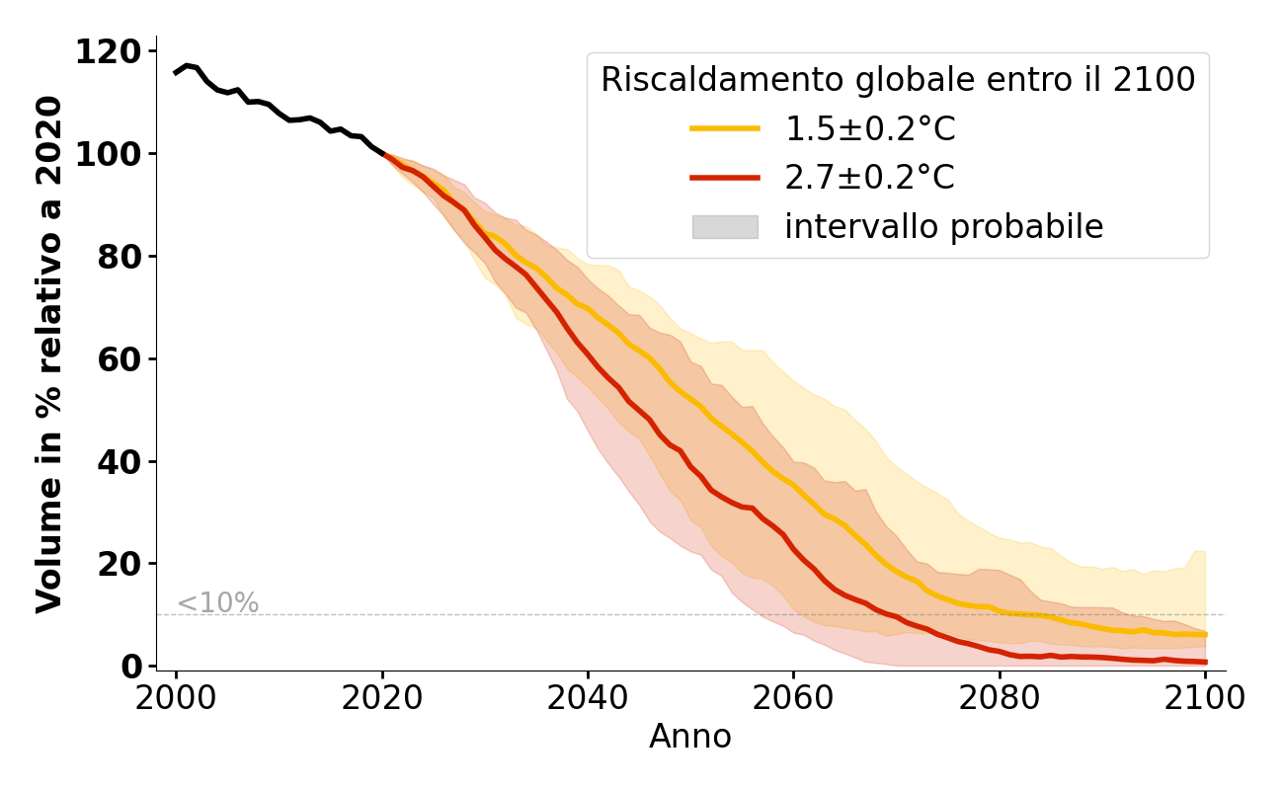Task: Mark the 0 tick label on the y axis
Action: [131, 667]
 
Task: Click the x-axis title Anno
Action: [690, 737]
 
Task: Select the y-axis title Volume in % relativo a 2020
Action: [50, 354]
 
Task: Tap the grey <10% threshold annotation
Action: [217, 603]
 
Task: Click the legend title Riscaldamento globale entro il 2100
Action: [898, 80]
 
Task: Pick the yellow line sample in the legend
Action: [724, 128]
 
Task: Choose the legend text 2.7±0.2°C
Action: [869, 178]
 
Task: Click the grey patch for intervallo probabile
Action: [724, 227]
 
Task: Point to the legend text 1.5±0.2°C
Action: [869, 128]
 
